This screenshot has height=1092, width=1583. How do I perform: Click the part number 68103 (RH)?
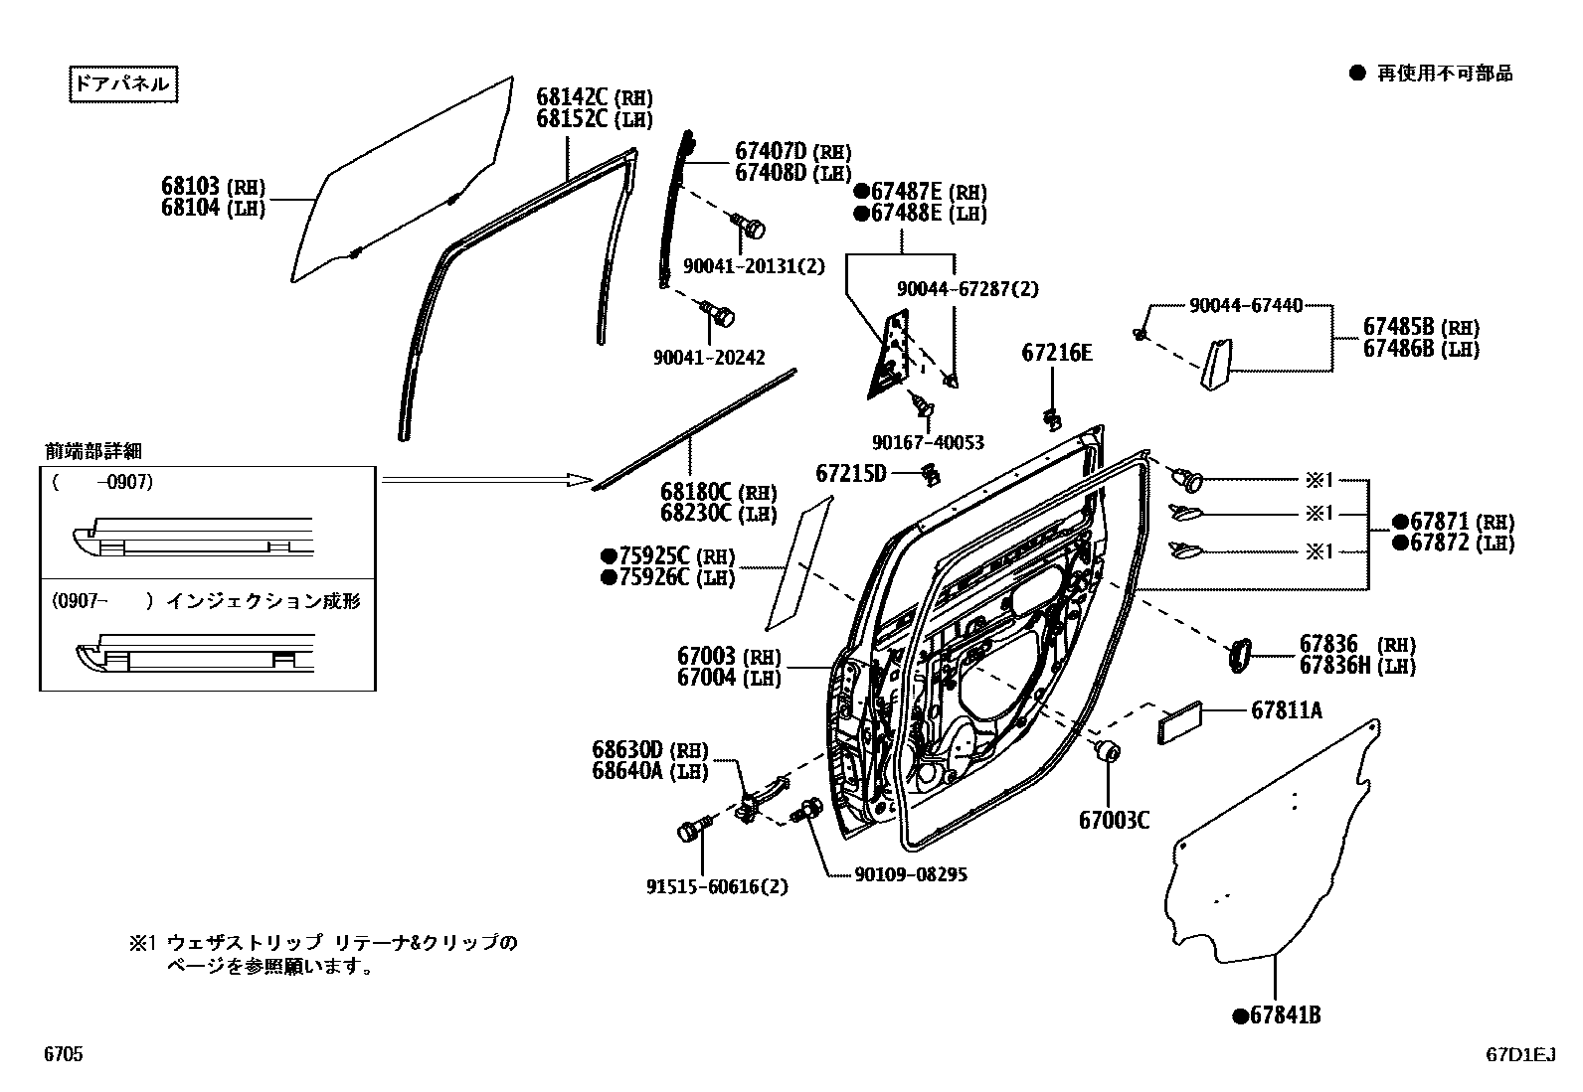click(x=213, y=186)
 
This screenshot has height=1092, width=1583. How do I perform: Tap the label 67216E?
click(x=1056, y=353)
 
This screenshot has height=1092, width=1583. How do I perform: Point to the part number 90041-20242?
click(x=709, y=357)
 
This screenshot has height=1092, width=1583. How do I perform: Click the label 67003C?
click(x=1114, y=820)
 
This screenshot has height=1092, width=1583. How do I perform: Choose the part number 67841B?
click(x=1277, y=1015)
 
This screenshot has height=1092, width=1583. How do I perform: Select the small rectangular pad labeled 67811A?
click(x=1180, y=724)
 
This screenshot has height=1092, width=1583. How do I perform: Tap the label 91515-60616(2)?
click(x=717, y=886)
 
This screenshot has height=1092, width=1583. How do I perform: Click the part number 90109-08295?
click(x=910, y=874)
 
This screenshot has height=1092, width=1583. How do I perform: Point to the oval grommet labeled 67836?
click(x=1237, y=655)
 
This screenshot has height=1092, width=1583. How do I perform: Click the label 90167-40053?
click(x=928, y=441)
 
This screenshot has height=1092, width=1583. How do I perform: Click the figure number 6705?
click(x=63, y=1054)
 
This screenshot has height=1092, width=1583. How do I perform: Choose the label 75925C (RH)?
click(x=667, y=555)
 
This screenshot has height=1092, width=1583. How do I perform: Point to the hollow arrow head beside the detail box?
click(x=579, y=479)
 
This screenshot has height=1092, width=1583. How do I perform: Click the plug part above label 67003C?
click(x=1106, y=751)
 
